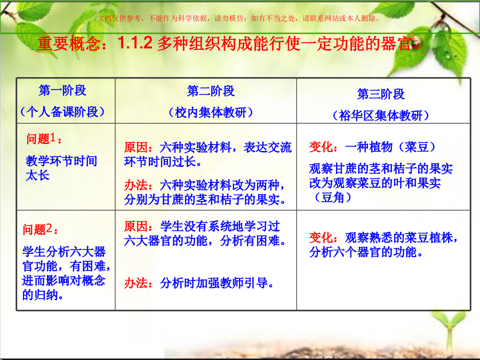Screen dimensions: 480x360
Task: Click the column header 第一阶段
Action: pyautogui.click(x=62, y=90)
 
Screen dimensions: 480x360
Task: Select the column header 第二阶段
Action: pyautogui.click(x=211, y=91)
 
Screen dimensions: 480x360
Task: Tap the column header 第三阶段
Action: pyautogui.click(x=381, y=94)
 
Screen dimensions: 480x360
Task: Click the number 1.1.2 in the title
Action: pyautogui.click(x=135, y=43)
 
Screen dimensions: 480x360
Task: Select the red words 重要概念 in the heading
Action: pyautogui.click(x=69, y=44)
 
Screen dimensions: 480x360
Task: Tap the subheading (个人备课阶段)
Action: pyautogui.click(x=62, y=112)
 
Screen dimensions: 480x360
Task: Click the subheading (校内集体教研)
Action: pyautogui.click(x=211, y=113)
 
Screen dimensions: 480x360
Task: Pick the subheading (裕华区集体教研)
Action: pyautogui.click(x=381, y=115)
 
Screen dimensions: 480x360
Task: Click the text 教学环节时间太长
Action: pyautogui.click(x=61, y=168)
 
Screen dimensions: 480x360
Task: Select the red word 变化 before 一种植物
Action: pyautogui.click(x=321, y=147)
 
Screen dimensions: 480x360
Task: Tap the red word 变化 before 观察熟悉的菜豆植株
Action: pyautogui.click(x=321, y=237)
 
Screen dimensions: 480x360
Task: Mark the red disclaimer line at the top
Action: pyautogui.click(x=238, y=18)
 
